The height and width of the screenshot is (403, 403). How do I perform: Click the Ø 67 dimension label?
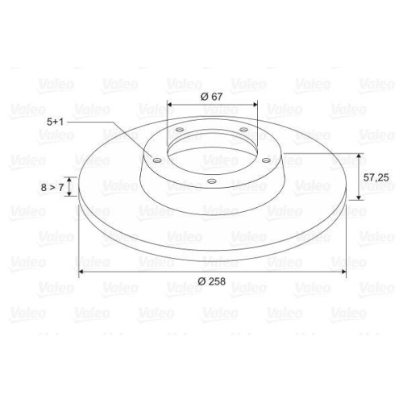click(x=211, y=96)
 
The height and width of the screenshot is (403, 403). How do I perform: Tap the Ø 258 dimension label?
click(x=211, y=281)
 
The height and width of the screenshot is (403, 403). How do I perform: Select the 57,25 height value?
click(x=376, y=177)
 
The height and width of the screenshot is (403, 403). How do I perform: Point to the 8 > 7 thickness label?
click(x=52, y=187)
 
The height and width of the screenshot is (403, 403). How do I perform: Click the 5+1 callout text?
click(x=55, y=122)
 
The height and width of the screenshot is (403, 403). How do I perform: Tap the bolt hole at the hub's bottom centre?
click(x=212, y=181)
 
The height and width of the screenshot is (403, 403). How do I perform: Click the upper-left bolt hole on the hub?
click(x=179, y=130)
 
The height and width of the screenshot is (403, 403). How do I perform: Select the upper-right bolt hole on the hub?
click(x=243, y=130)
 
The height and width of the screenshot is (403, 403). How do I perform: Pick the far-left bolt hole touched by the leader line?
click(x=157, y=160)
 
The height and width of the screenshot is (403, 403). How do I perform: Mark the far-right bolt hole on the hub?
click(x=266, y=160)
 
